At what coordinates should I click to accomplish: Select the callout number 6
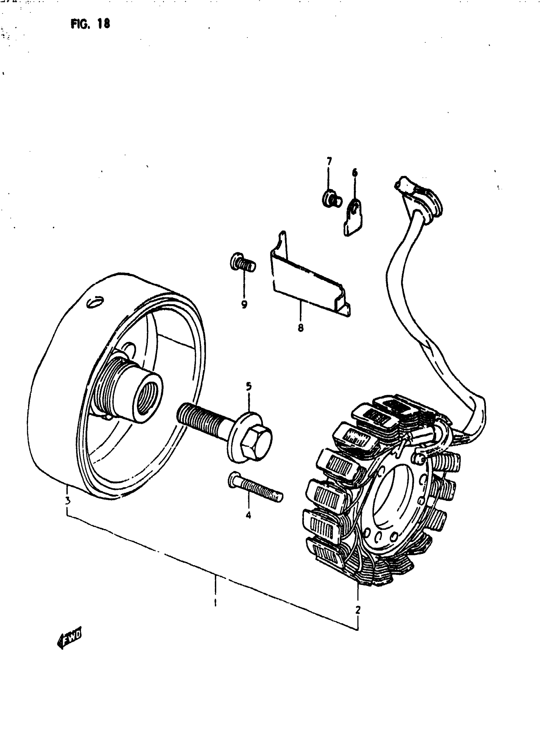355,173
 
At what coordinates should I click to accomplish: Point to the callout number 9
244,304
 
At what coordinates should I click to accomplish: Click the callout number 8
300,327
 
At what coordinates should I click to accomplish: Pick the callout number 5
249,387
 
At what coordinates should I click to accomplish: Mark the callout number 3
68,501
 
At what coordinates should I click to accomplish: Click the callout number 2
358,609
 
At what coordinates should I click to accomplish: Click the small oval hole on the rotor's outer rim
95,302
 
